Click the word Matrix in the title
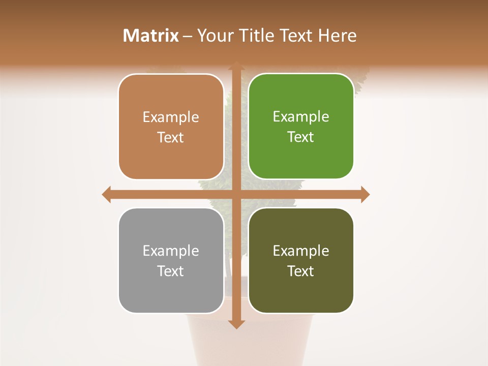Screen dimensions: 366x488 [151, 36]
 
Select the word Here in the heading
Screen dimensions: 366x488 [337, 36]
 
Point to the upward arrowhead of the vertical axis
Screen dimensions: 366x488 [236, 67]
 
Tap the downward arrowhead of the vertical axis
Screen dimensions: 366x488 [236, 324]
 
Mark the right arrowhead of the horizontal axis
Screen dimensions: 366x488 [365, 194]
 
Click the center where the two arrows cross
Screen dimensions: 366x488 [236, 194]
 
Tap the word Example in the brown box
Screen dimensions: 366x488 [171, 117]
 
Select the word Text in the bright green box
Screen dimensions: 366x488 [301, 137]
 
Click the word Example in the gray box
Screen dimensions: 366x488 [171, 251]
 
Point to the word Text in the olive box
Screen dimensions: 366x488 [301, 271]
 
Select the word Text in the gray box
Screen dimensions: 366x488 [171, 271]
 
